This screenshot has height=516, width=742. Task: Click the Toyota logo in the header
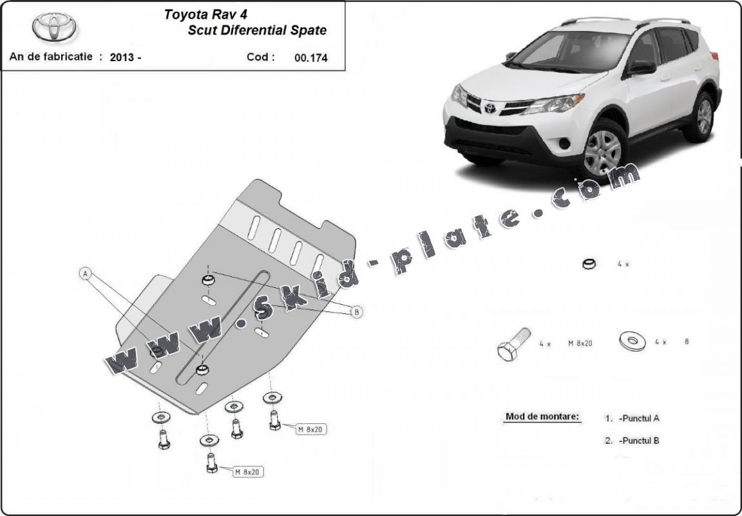[x=54, y=27]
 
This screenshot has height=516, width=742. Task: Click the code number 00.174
[x=310, y=57]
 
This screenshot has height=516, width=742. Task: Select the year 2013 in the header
[x=122, y=57]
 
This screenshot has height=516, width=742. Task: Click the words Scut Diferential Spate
[x=257, y=30]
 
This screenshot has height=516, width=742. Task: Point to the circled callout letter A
[x=85, y=273]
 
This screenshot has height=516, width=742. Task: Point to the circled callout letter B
[x=356, y=312]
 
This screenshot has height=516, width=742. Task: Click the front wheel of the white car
[x=603, y=151]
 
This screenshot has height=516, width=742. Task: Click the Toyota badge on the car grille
[x=490, y=107]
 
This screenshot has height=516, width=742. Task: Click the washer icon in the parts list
[x=632, y=341]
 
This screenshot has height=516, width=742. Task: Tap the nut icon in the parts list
[x=589, y=264]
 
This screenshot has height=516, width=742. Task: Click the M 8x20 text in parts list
[x=580, y=343]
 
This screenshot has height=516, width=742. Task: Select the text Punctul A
[x=638, y=418]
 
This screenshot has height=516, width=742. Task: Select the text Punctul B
[x=638, y=441]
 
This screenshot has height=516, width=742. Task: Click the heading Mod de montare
[x=542, y=417]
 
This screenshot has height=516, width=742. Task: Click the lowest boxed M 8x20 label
[x=247, y=472]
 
